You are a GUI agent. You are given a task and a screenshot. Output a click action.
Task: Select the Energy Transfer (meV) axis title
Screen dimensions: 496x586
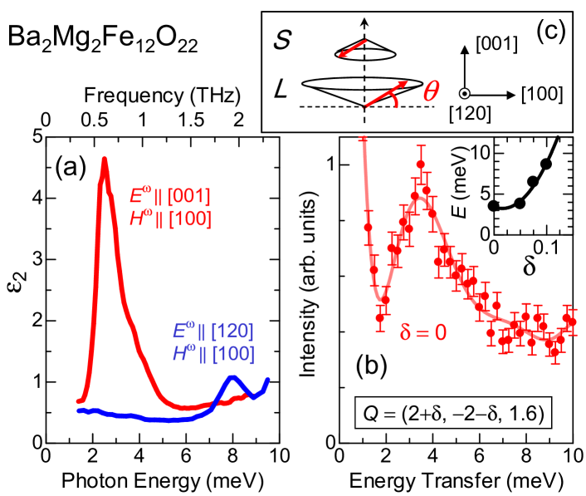(x=454, y=481)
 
